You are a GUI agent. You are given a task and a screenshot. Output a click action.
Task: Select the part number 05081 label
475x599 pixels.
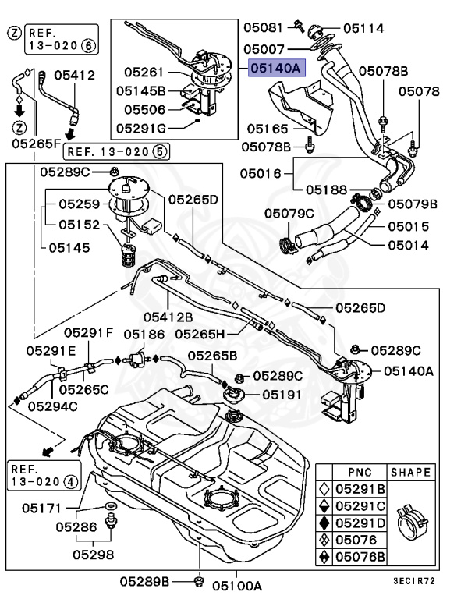pos(263,27)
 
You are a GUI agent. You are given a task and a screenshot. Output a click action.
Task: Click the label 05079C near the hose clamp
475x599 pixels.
pos(289,213)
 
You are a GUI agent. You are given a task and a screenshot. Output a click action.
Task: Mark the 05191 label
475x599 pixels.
pos(282,395)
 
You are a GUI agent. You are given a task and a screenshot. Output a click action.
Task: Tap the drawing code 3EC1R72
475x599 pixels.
pos(425,581)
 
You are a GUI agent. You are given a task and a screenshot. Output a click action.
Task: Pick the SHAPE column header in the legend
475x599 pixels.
pos(411,473)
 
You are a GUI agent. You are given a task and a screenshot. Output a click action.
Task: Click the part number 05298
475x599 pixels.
pos(94,555)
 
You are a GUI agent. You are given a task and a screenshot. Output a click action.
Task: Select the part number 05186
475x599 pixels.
pos(143,334)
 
